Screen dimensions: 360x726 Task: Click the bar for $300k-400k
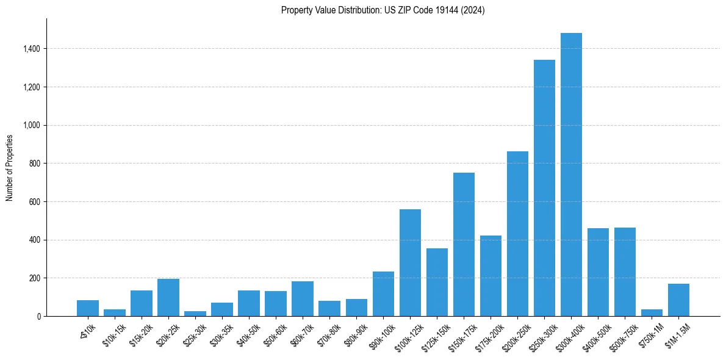click(571, 175)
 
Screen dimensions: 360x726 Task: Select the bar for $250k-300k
click(544, 188)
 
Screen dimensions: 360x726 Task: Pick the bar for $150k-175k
click(464, 244)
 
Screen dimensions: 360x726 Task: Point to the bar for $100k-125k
click(410, 262)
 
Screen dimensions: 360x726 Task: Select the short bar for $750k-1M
click(652, 313)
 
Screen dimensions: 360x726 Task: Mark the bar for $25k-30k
click(195, 314)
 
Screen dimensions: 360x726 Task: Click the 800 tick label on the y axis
click(35, 164)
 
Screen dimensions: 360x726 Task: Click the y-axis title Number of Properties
click(9, 167)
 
